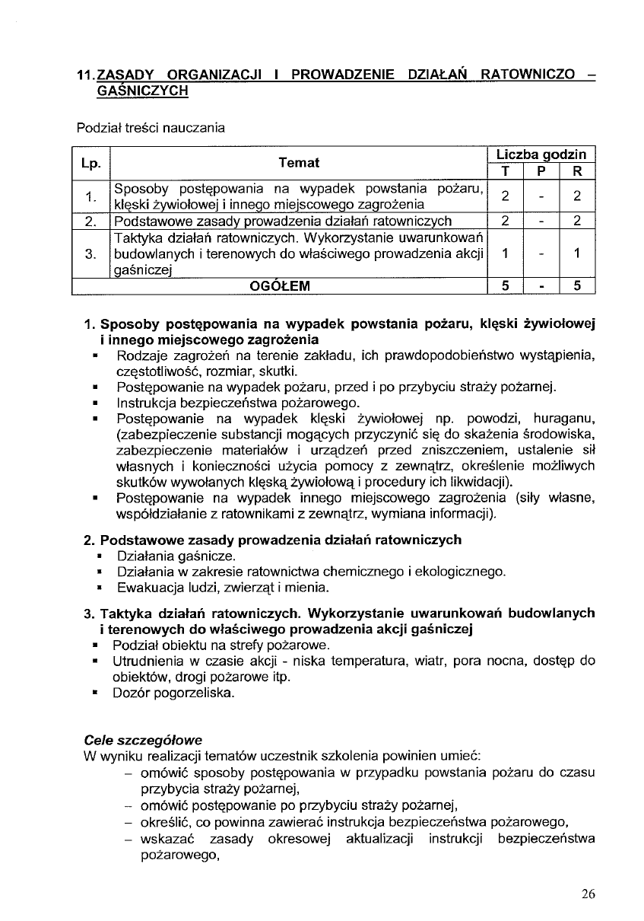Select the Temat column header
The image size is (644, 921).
299,163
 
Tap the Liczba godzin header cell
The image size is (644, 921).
541,155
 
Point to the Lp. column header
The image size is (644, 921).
91,163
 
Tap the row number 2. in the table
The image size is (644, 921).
90,221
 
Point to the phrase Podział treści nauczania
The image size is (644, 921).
151,129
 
